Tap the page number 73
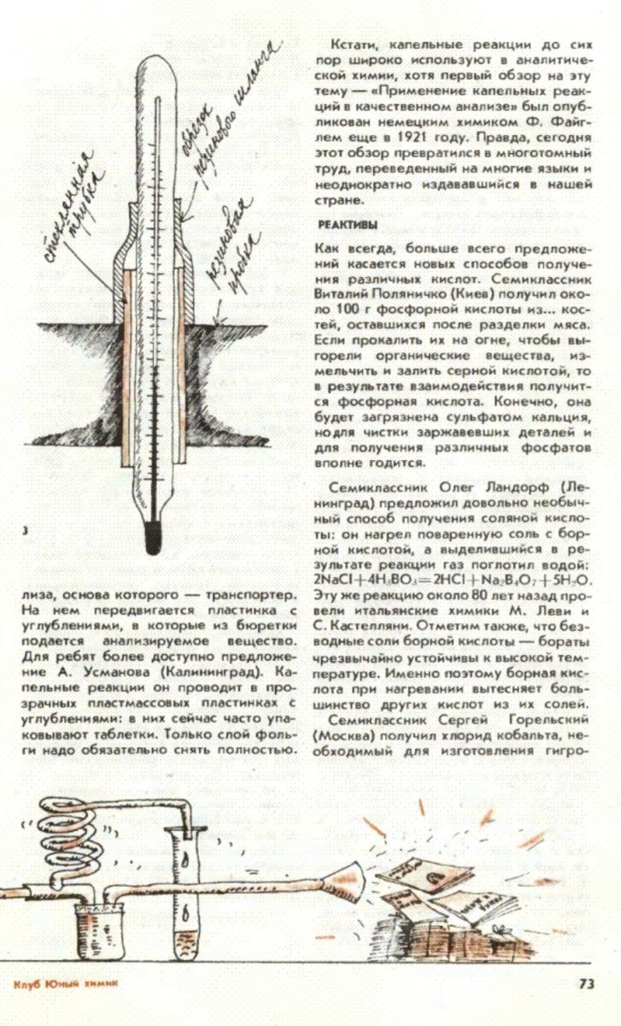click(586, 983)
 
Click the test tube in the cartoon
click(189, 889)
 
